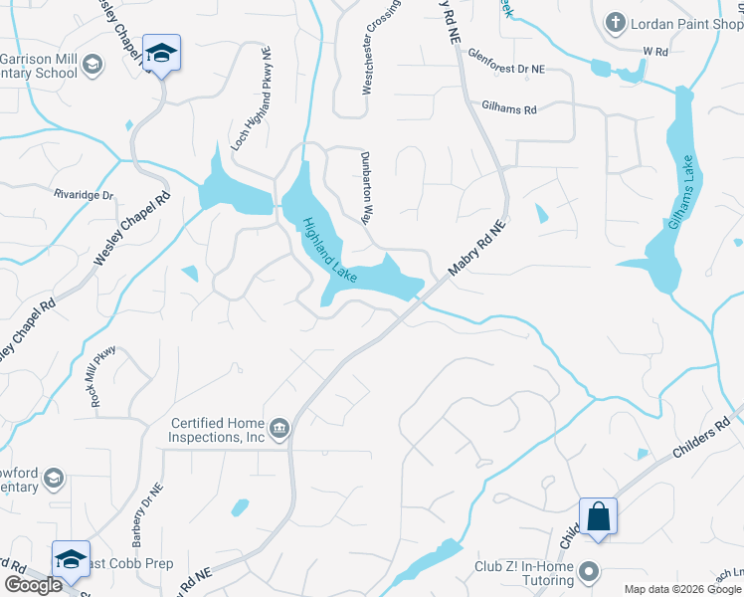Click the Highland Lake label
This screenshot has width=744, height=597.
(329, 249)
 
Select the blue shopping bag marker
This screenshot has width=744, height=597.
(598, 517)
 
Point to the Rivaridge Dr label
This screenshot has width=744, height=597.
(85, 195)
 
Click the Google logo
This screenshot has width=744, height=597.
(33, 585)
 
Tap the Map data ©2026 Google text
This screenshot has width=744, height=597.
(681, 589)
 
